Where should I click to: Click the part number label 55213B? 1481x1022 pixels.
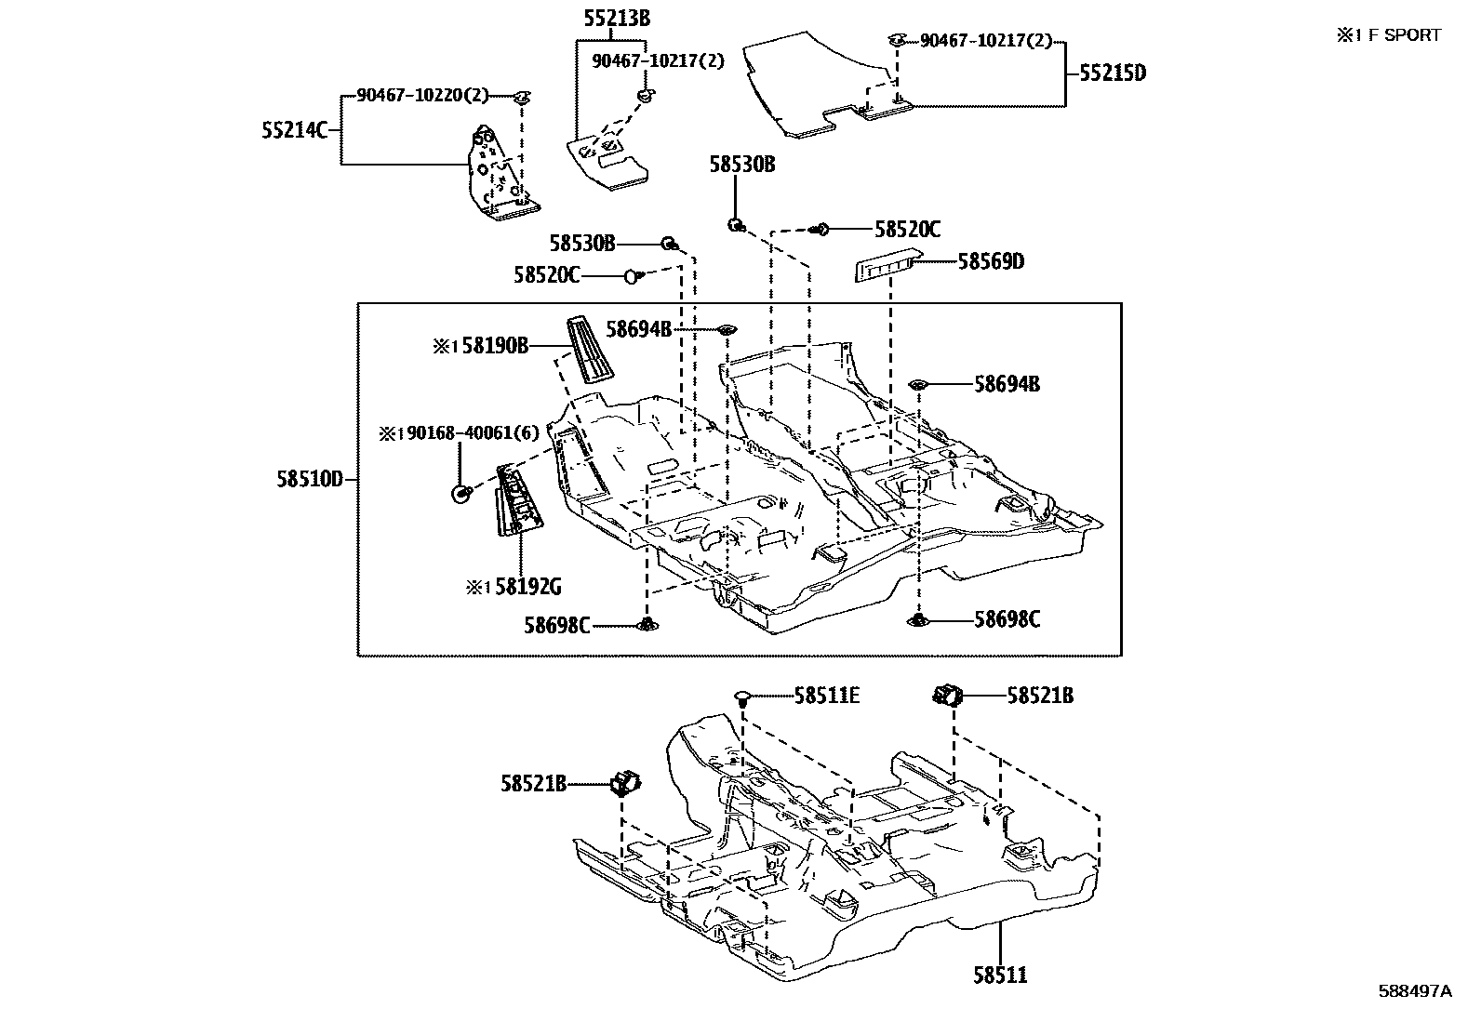(617, 18)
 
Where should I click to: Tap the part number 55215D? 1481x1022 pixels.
(1113, 73)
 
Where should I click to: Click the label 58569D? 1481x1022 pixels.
(991, 262)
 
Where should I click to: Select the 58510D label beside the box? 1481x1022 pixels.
(310, 480)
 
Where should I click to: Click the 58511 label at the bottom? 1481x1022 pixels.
(1001, 976)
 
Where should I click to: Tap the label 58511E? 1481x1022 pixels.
(826, 695)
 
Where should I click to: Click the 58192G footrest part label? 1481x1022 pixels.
(527, 587)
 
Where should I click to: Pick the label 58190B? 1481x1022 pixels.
(495, 347)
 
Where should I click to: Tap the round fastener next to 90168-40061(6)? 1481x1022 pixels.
(460, 494)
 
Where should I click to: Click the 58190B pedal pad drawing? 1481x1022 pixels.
(588, 349)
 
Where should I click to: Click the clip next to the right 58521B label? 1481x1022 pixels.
(948, 694)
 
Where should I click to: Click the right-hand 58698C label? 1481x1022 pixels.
(1007, 619)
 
